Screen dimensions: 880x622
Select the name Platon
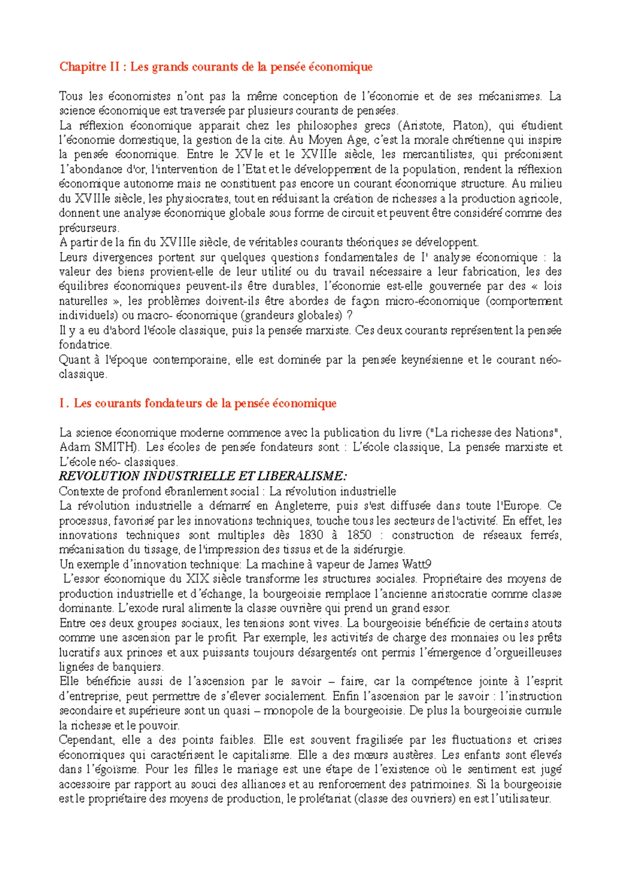coord(471,126)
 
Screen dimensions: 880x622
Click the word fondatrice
coord(84,345)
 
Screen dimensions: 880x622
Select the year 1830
coord(311,535)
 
